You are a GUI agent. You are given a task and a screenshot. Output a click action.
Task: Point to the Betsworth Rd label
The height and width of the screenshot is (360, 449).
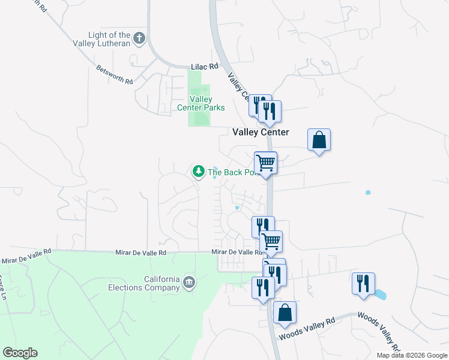(114, 74)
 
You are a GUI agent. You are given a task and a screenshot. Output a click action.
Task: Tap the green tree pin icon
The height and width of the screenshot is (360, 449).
(198, 172)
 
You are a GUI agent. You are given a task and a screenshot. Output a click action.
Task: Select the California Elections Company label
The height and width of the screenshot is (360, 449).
(161, 283)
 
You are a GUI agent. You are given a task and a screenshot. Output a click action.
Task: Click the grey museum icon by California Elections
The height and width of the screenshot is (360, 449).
(189, 282)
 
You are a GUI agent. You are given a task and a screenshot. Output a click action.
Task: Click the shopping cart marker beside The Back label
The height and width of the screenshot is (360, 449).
(265, 162)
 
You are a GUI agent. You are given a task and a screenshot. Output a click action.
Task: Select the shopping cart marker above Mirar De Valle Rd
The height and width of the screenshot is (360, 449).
(271, 241)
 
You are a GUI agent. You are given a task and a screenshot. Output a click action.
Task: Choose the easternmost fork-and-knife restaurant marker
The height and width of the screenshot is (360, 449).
(364, 283)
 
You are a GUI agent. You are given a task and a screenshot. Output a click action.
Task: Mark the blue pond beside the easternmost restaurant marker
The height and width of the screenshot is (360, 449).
(381, 294)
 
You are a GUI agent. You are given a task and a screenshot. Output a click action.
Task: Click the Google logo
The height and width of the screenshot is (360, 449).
(20, 353)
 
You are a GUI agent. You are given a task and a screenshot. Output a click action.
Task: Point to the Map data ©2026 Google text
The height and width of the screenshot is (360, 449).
(411, 355)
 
